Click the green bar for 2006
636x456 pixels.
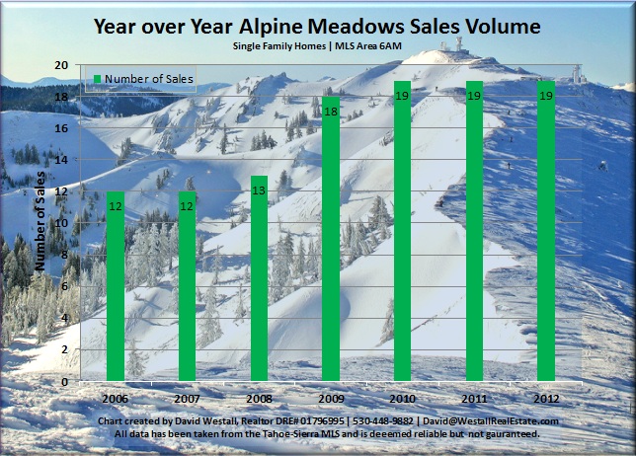point(116,286)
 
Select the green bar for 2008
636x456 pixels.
point(259,278)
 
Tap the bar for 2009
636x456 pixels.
point(331,239)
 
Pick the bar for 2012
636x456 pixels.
point(546,231)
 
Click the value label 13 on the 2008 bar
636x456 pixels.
point(259,190)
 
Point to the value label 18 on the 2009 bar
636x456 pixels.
point(331,112)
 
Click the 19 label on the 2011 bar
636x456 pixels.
point(474,96)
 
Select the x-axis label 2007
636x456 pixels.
point(187,399)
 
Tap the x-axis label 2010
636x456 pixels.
point(402,399)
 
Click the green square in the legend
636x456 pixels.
point(97,79)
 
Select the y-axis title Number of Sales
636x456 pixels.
point(40,221)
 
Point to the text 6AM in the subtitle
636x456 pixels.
point(390,45)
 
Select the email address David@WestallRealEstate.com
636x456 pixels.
point(491,421)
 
